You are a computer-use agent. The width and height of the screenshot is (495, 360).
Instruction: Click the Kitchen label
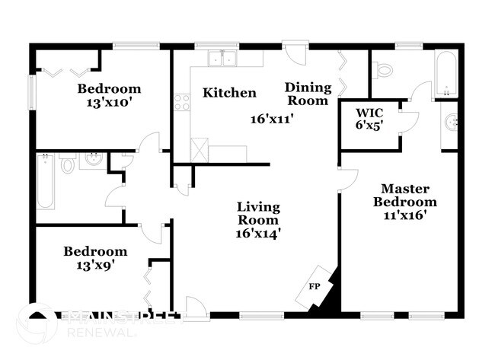pos(228,93)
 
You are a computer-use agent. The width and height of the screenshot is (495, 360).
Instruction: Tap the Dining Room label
pos(307,94)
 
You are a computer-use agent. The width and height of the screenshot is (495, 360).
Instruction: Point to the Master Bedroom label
pos(405,195)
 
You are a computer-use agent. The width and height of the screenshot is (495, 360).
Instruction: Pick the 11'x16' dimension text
pos(405,215)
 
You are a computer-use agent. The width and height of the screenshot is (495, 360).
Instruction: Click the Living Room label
pos(258,213)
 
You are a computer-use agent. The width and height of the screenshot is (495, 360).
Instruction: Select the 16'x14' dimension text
pos(258,234)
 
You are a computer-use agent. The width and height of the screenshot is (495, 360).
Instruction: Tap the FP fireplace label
pos(313,286)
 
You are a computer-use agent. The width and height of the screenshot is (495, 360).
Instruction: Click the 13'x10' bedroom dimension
pos(109,103)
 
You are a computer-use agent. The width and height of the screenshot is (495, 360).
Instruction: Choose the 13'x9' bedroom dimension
pos(95,265)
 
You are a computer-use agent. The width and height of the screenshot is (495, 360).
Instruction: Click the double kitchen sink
pos(222,58)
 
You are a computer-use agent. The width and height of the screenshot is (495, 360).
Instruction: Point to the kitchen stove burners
pos(181,101)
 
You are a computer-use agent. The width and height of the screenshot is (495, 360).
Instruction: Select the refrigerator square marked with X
pos(199,147)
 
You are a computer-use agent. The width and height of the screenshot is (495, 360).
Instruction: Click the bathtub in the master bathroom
pos(445,74)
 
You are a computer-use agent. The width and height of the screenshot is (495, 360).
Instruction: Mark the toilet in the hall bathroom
pos(68,164)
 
